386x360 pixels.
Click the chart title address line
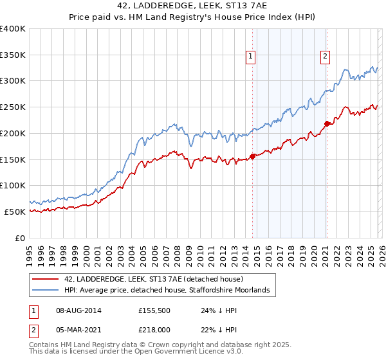tap(193, 5)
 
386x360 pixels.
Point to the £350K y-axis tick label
tap(13, 55)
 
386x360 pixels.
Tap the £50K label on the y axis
tap(15, 212)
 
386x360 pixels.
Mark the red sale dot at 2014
tap(252, 156)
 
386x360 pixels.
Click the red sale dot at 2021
tap(327, 123)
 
